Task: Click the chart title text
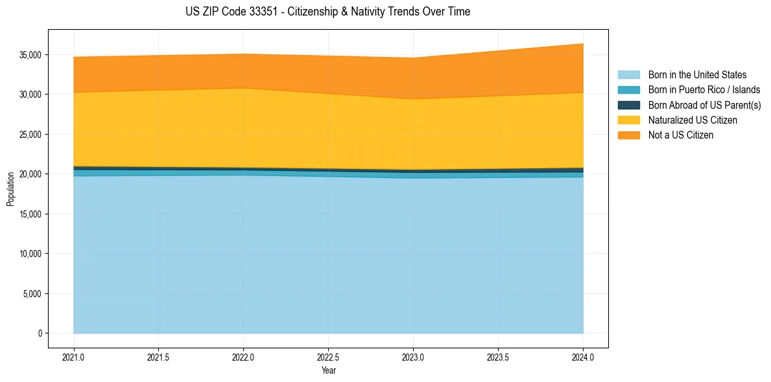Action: pyautogui.click(x=327, y=12)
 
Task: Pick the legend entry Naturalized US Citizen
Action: pyautogui.click(x=693, y=120)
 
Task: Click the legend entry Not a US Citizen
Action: pyautogui.click(x=681, y=135)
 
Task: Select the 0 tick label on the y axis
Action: pyautogui.click(x=39, y=333)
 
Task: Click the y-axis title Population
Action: pyautogui.click(x=10, y=189)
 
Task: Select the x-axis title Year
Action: pyautogui.click(x=328, y=371)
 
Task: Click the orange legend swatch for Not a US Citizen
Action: pyautogui.click(x=628, y=135)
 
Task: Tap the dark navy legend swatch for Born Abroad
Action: pyautogui.click(x=628, y=105)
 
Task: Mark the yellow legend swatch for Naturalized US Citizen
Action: pyautogui.click(x=628, y=120)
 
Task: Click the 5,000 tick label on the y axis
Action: pyautogui.click(x=32, y=294)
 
